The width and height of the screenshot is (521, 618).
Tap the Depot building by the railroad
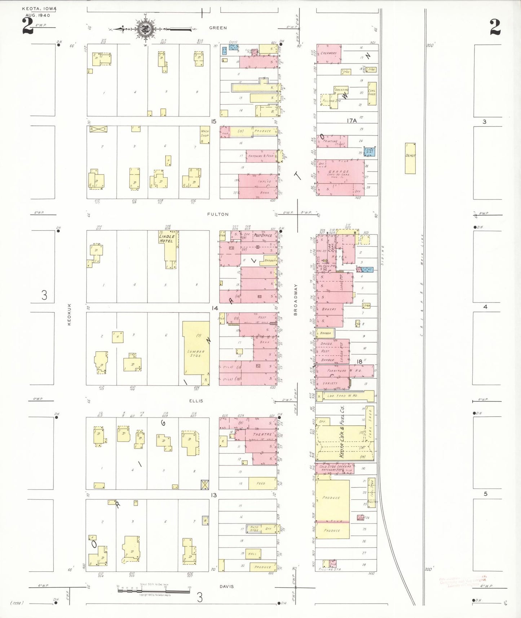coord(410,158)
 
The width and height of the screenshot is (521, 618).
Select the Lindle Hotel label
coord(167,239)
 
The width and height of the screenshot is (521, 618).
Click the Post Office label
coord(263,235)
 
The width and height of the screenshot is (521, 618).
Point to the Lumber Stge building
coord(196,353)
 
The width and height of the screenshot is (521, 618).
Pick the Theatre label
coord(262,434)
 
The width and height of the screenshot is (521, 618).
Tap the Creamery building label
coord(328,53)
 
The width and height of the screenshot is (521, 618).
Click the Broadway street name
coord(296,300)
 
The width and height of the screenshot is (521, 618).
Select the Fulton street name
coord(218,214)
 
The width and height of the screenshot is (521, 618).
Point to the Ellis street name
coord(196,401)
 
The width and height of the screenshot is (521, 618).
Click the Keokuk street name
coord(69,314)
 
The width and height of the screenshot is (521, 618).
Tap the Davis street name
coord(227,587)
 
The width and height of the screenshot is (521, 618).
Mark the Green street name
coord(218,28)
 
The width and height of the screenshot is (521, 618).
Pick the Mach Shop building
coord(205,135)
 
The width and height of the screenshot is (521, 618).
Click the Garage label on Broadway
coord(339,172)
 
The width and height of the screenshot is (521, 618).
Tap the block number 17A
coord(352,121)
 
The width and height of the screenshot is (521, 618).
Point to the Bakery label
coord(329,309)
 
